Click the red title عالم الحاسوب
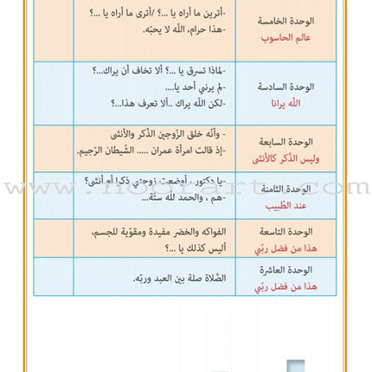pyautogui.click(x=286, y=38)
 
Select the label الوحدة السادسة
pyautogui.click(x=286, y=87)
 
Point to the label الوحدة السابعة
pyautogui.click(x=286, y=141)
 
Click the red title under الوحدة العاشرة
pyautogui.click(x=286, y=285)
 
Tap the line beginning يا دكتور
pyautogui.click(x=161, y=181)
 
